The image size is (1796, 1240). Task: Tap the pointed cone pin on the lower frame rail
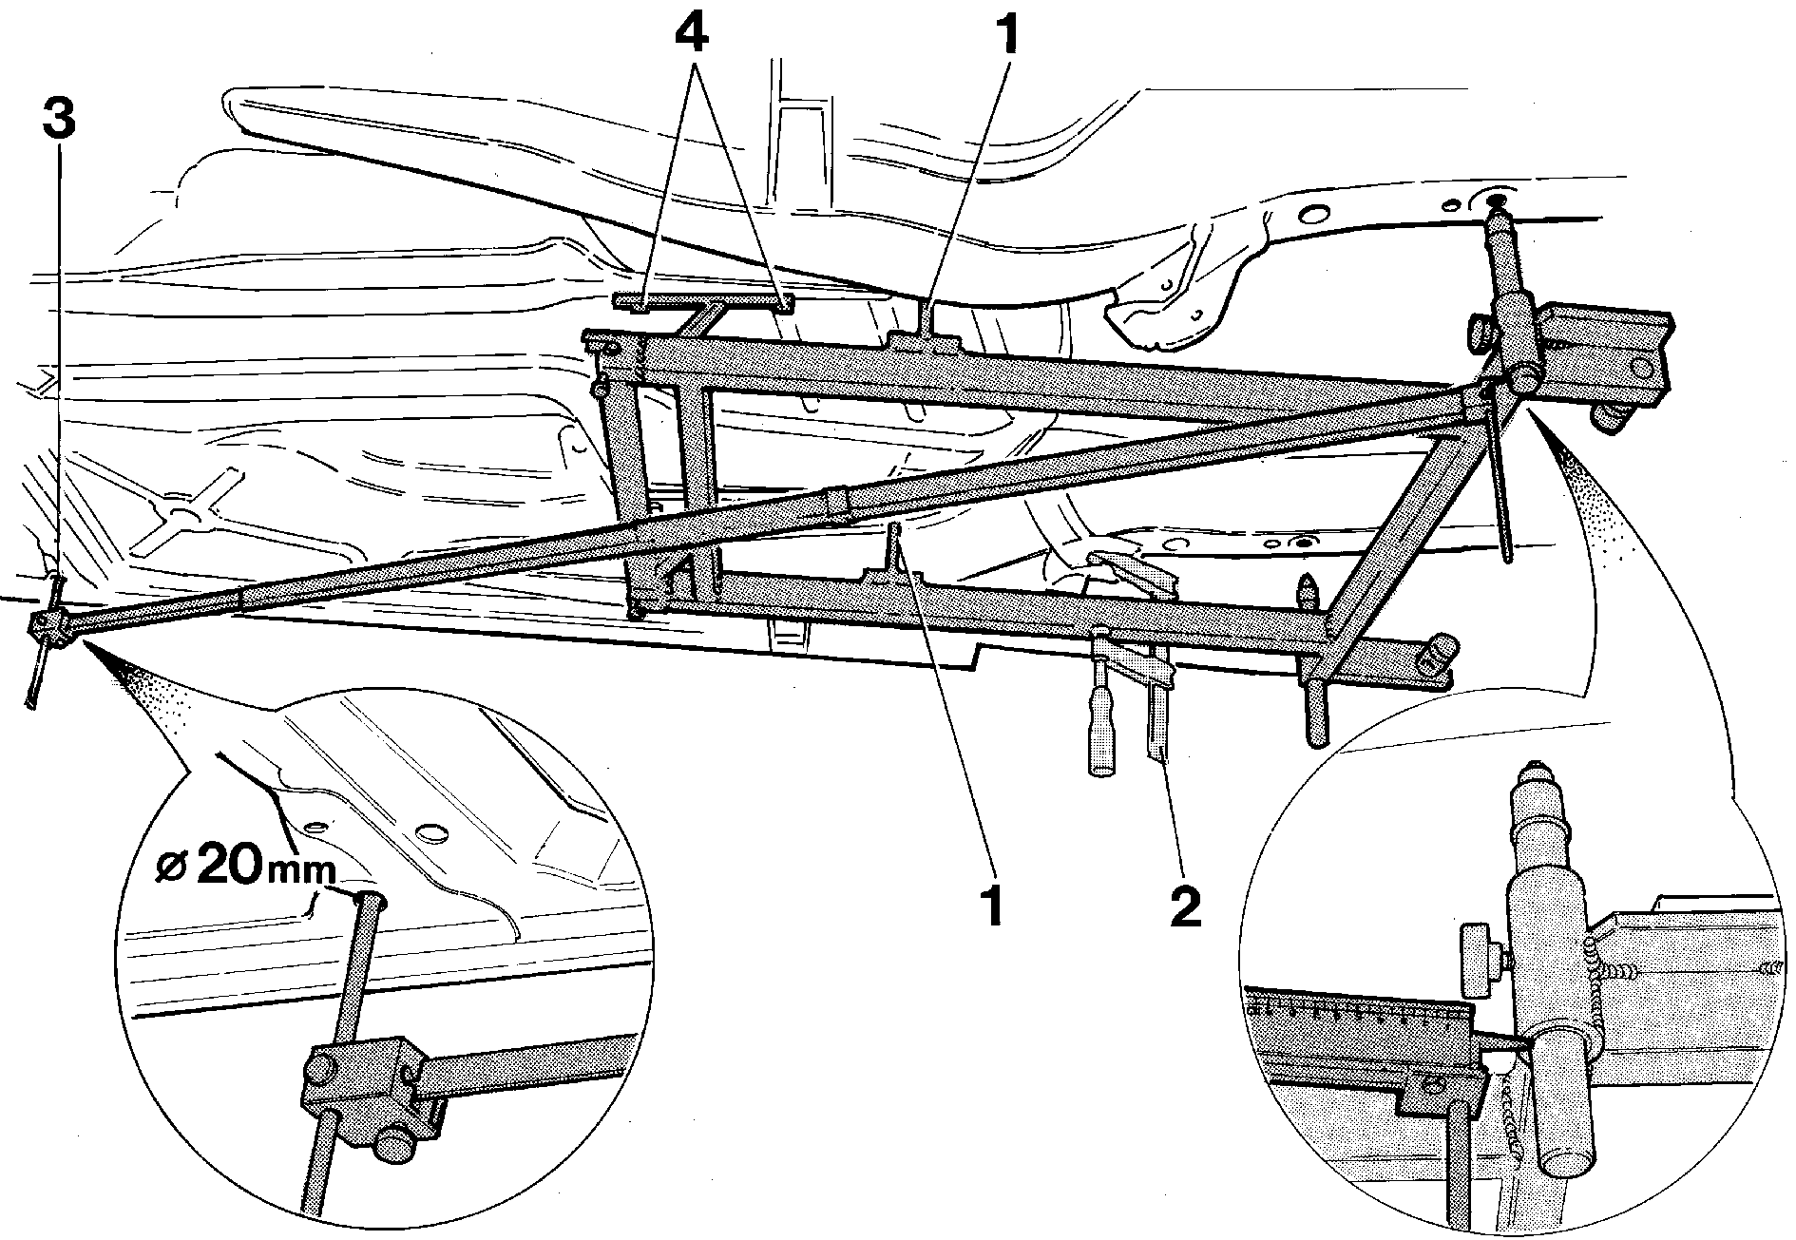pos(1309,588)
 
